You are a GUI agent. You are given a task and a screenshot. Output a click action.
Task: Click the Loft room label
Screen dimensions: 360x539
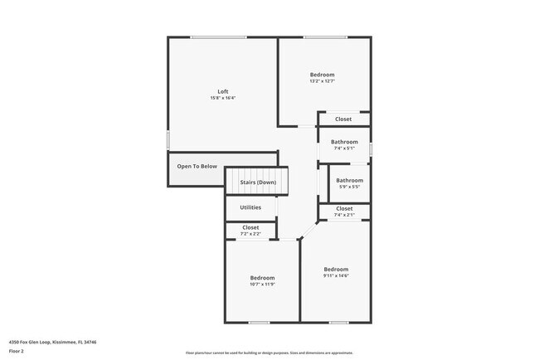[222, 91]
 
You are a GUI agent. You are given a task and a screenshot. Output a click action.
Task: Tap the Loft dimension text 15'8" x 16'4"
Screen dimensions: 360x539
[222, 99]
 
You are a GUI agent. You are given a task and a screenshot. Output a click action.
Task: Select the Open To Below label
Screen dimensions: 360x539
[197, 166]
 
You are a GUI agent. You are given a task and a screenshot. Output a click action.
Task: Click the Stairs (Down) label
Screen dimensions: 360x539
[258, 182]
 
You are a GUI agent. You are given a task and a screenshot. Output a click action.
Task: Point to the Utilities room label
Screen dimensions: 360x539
[250, 207]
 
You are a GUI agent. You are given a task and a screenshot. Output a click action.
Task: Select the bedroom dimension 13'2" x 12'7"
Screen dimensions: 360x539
[322, 81]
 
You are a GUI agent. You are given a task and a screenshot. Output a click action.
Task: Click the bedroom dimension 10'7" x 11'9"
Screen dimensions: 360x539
[262, 285]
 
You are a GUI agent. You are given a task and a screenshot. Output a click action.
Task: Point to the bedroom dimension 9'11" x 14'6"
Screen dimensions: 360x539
[336, 276]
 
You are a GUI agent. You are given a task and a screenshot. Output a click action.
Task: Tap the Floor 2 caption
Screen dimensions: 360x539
[17, 351]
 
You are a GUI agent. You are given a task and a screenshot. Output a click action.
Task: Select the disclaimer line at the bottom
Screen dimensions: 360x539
[269, 353]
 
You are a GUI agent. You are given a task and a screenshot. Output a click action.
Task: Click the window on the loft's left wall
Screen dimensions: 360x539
[168, 139]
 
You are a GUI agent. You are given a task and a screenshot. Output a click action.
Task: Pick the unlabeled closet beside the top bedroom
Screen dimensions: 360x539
[343, 119]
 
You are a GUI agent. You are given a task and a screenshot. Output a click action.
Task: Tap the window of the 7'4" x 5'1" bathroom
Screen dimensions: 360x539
[371, 148]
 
